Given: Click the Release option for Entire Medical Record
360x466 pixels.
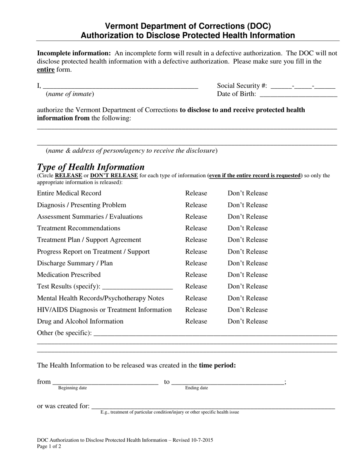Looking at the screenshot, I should point(196,193).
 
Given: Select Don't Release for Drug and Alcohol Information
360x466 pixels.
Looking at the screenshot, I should point(247,321).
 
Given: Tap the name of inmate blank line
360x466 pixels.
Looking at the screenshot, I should point(121,86).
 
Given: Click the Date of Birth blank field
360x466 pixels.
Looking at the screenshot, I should point(297,95).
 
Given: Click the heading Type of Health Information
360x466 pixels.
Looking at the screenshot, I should point(91,167).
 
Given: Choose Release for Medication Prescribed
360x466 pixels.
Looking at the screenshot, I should point(196,275).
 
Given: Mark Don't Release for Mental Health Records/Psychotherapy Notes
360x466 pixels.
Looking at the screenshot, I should point(247,298).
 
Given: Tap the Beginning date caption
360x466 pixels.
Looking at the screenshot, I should point(72,388).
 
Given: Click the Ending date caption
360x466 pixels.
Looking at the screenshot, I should point(196,388).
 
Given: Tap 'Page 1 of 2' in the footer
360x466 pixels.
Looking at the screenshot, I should point(49,446).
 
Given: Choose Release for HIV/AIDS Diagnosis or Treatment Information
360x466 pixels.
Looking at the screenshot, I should point(196,310).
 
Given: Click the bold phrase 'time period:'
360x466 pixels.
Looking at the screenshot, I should point(217,366).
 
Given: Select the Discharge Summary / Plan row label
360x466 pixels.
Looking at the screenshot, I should point(75,263).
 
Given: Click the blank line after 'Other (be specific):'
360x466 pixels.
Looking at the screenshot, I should point(215,334).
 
